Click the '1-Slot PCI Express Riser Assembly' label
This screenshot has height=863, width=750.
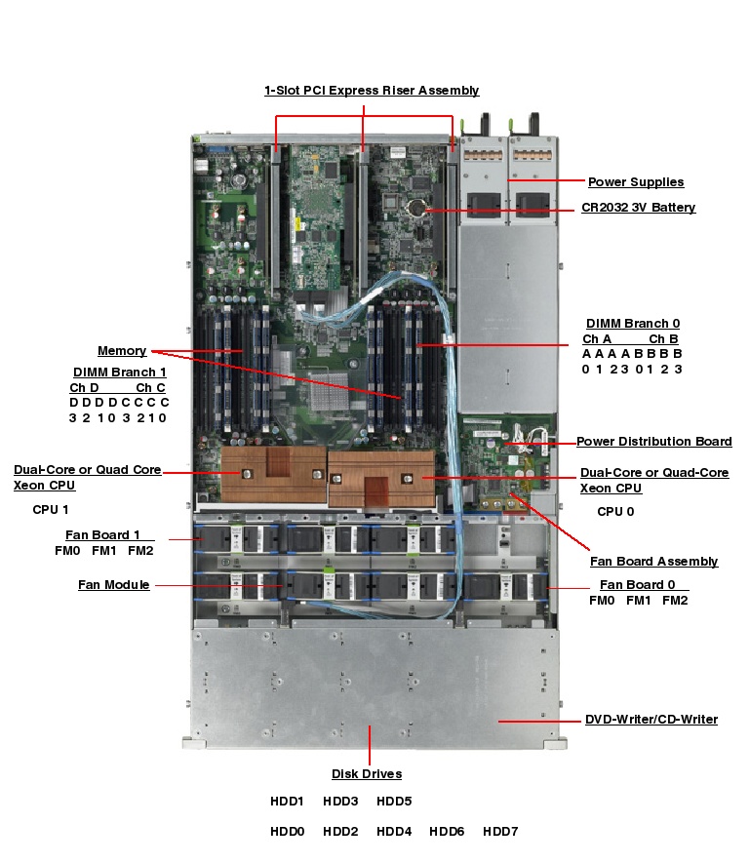click(x=372, y=91)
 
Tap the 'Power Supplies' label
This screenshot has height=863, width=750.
click(x=635, y=181)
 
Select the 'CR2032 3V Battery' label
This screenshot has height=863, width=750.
click(x=638, y=208)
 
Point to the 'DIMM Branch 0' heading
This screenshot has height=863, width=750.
click(x=633, y=323)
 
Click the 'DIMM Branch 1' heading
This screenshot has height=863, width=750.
click(x=120, y=372)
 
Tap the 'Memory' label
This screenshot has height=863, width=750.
click(x=122, y=350)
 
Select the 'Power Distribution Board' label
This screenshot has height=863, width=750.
click(x=653, y=442)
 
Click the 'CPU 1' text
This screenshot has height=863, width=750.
click(x=51, y=509)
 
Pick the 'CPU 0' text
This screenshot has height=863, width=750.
click(x=615, y=511)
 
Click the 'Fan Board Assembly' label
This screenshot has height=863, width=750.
click(x=653, y=561)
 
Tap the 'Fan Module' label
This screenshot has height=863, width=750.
click(x=114, y=585)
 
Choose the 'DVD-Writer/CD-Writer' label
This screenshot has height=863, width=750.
click(x=651, y=720)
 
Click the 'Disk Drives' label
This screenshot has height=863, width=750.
click(x=367, y=774)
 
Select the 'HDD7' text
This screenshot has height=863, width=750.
click(x=500, y=832)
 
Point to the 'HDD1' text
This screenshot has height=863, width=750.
click(x=288, y=802)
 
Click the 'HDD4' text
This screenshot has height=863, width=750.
click(x=394, y=832)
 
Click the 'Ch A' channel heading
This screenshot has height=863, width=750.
click(x=597, y=338)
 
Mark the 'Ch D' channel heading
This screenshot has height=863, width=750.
click(x=84, y=387)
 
